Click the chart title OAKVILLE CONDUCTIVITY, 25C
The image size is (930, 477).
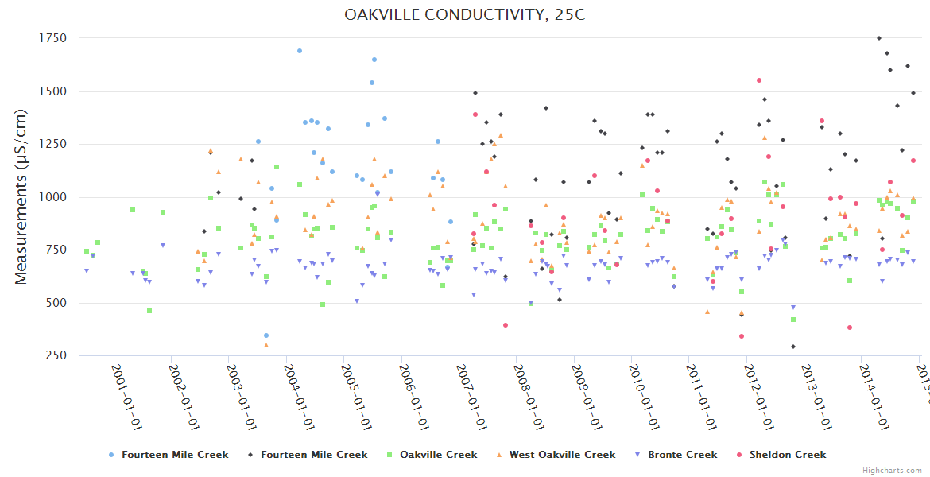pos(464,15)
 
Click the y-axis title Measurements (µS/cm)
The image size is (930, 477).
pos(22,196)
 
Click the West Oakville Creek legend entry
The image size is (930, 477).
pos(565,455)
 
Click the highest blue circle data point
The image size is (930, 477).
pos(300,51)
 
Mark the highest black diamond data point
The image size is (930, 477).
pos(878,38)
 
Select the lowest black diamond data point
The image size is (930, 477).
pos(792,347)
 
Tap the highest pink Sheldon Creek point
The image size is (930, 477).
pos(759,80)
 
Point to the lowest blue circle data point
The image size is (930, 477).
pos(266,335)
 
